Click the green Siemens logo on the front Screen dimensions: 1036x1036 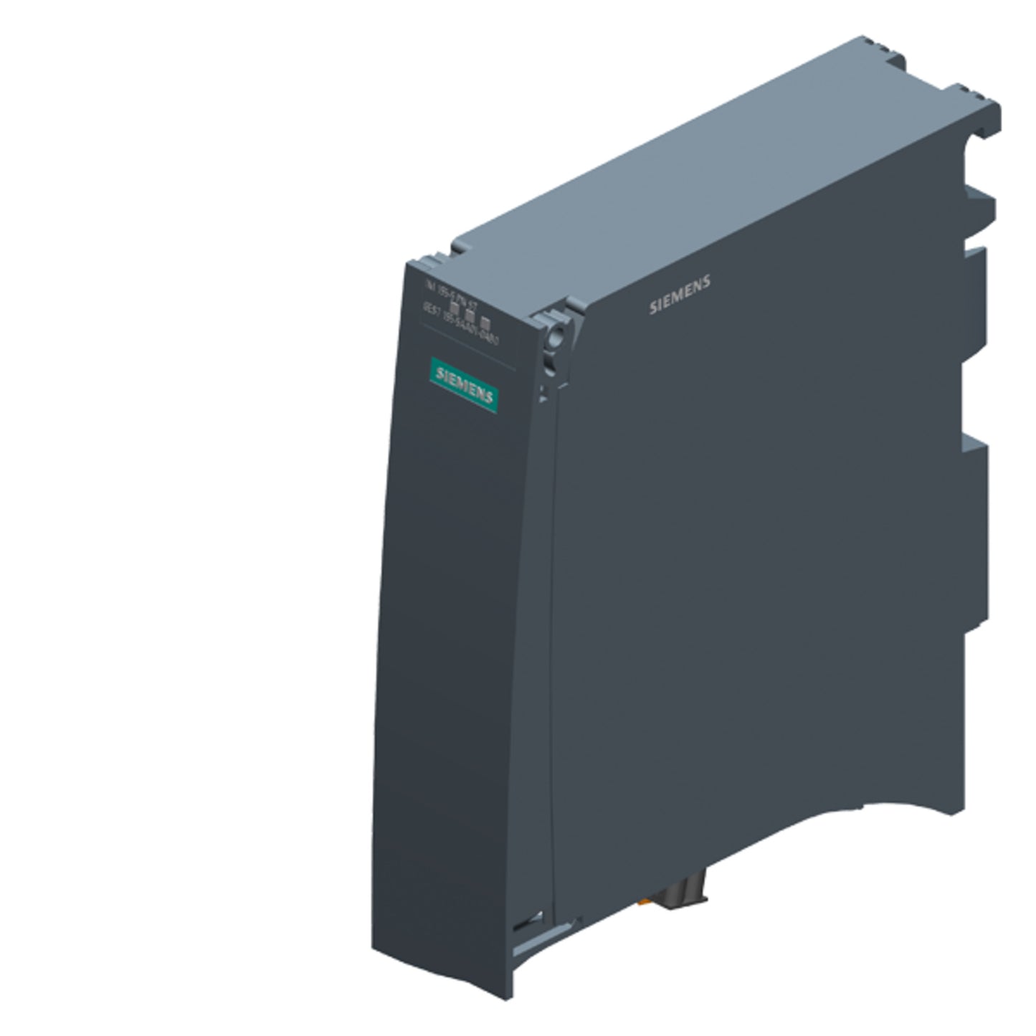point(464,384)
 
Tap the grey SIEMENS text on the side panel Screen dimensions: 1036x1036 point(680,295)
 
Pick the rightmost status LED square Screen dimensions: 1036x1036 point(485,323)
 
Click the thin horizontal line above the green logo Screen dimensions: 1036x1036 point(466,348)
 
